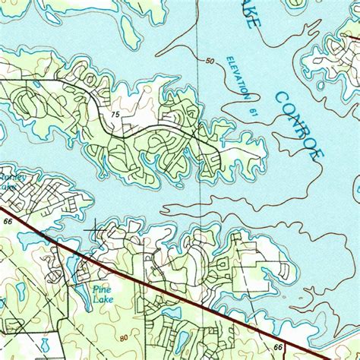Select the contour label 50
coord(210,61)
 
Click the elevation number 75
coord(115,115)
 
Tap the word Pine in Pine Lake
coord(101,289)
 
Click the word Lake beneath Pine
coord(101,299)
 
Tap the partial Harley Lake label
coord(7,182)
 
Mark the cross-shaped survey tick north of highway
coord(96,226)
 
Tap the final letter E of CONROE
coord(318,152)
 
